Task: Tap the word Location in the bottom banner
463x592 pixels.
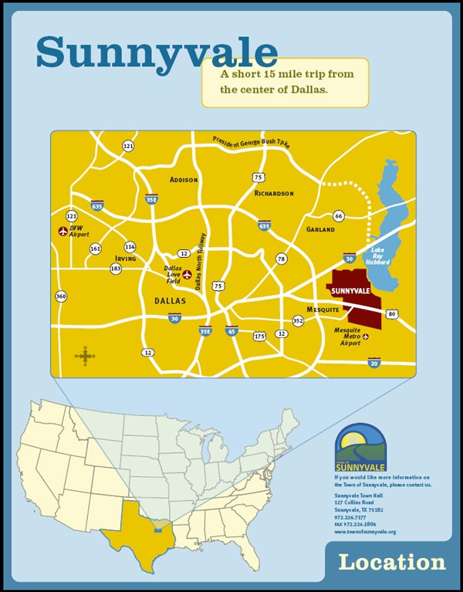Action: pyautogui.click(x=392, y=562)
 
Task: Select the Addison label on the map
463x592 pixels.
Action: pyautogui.click(x=184, y=180)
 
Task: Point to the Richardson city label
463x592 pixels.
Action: pyautogui.click(x=274, y=193)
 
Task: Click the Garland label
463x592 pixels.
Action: pyautogui.click(x=320, y=229)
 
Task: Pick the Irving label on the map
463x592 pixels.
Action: pyautogui.click(x=125, y=259)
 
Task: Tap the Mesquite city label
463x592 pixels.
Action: pyautogui.click(x=323, y=310)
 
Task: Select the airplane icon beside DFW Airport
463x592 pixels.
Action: pyautogui.click(x=63, y=231)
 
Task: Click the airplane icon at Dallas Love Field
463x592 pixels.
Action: pyautogui.click(x=188, y=273)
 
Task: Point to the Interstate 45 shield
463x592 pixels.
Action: pyautogui.click(x=231, y=331)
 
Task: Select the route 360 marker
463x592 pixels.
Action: pyautogui.click(x=61, y=296)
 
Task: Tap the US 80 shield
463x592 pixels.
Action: pyautogui.click(x=393, y=314)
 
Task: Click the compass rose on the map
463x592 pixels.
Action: pyautogui.click(x=85, y=356)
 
